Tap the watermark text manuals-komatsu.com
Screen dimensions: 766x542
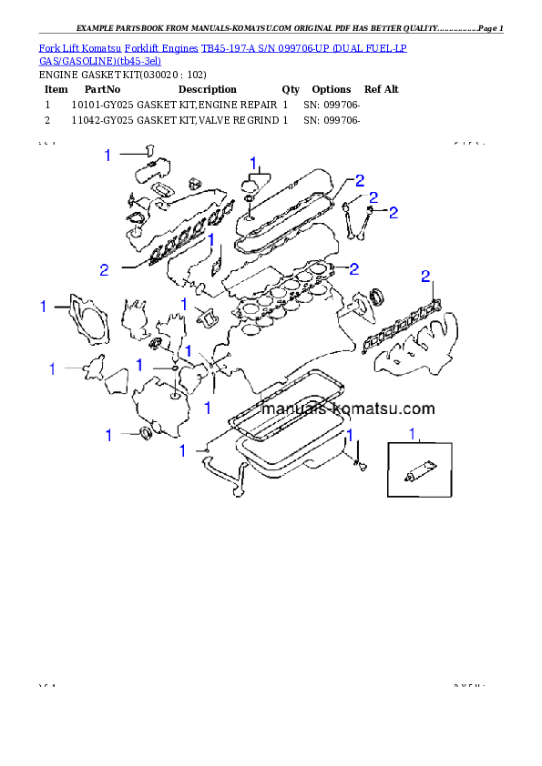(x=347, y=409)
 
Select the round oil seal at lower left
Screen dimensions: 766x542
(x=146, y=431)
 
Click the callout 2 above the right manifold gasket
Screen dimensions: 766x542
(x=424, y=276)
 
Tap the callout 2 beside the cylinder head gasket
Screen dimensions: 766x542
(x=353, y=267)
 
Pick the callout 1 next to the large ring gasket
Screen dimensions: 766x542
(x=43, y=307)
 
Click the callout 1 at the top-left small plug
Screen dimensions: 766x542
(x=107, y=156)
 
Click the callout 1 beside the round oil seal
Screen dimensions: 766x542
(x=108, y=436)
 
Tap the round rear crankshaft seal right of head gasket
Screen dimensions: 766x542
(x=376, y=297)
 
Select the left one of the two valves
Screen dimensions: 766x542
(x=349, y=216)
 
